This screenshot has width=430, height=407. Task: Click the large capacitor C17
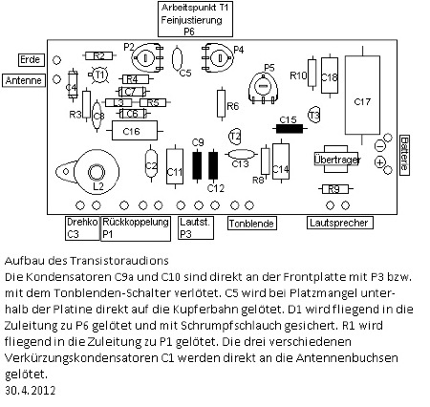click(362, 95)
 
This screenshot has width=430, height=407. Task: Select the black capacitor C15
click(290, 129)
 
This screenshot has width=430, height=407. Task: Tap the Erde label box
click(31, 60)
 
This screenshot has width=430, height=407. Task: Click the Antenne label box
click(24, 80)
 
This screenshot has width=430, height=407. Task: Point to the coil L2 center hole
click(97, 172)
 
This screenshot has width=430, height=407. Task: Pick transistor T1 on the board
click(99, 75)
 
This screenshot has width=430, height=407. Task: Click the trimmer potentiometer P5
click(263, 88)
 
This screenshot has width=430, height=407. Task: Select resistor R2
click(98, 56)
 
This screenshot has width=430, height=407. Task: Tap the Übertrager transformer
click(335, 160)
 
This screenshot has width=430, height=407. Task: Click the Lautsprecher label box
click(339, 223)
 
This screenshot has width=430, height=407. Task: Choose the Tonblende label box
click(252, 224)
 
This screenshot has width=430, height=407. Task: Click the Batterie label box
click(404, 155)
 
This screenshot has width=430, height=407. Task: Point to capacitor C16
click(135, 131)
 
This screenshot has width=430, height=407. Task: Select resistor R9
click(334, 189)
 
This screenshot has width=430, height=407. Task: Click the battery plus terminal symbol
click(379, 162)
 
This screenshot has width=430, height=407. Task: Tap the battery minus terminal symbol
click(379, 146)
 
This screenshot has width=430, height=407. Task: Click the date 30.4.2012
click(31, 391)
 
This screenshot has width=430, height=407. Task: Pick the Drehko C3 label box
click(82, 228)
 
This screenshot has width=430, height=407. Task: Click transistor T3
click(314, 115)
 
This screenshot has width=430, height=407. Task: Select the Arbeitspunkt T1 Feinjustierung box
click(195, 19)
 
